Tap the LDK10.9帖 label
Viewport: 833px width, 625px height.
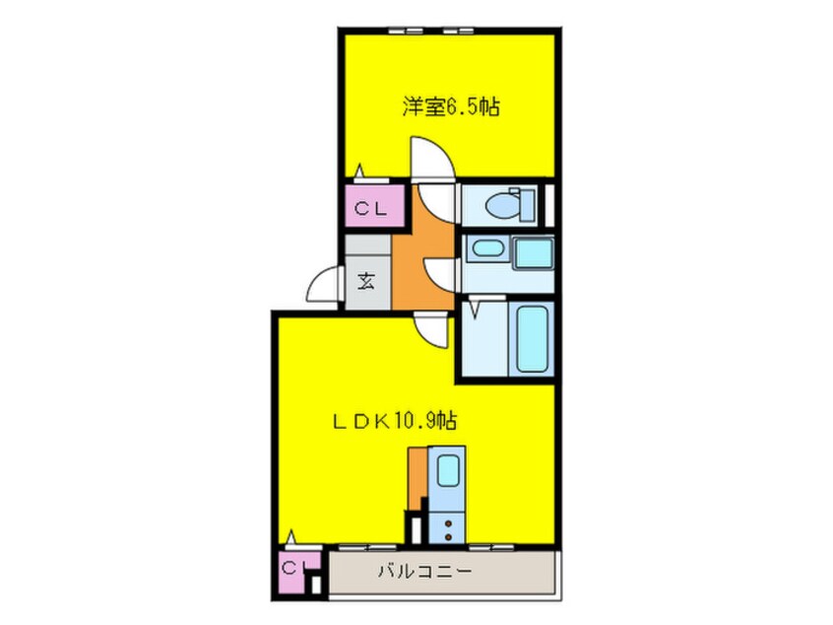coord(392,421)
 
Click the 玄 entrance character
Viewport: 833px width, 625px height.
coord(365,280)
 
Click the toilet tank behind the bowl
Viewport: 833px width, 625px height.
coord(529,205)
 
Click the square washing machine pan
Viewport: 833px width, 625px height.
coord(532,252)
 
